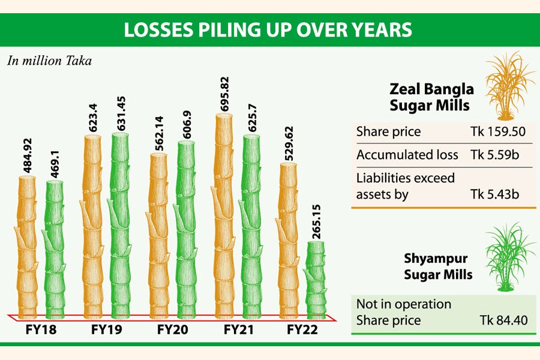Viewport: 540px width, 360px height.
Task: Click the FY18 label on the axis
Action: [41, 329]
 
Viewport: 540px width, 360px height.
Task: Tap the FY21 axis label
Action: [239, 329]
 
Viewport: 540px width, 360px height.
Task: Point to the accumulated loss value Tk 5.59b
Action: [496, 155]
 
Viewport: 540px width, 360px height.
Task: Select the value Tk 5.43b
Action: [496, 194]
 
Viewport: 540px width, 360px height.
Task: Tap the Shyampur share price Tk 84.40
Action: [504, 320]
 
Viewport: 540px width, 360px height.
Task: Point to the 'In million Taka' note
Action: [50, 61]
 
